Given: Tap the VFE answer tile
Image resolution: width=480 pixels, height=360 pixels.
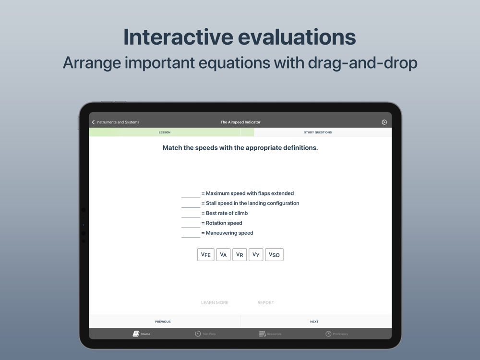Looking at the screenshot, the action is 206,255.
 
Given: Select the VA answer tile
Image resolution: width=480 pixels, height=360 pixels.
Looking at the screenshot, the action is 223,255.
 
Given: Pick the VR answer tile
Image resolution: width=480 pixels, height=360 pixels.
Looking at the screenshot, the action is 240,255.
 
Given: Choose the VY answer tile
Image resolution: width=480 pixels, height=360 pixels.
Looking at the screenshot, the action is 256,255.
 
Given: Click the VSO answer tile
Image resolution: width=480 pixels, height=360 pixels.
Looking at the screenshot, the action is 274,255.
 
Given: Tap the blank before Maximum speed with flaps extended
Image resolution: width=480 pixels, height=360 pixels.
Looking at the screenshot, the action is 191,197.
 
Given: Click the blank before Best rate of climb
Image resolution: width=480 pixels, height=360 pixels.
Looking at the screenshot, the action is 191,217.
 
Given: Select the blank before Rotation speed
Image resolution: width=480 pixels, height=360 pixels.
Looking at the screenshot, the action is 191,227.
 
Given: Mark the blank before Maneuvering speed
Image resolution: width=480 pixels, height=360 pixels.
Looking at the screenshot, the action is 191,237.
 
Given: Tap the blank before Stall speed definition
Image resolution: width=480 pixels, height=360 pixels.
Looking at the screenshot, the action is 191,207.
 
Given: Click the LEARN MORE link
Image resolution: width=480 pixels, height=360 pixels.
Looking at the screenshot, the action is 215,302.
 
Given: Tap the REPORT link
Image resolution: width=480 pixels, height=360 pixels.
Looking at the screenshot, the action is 266,302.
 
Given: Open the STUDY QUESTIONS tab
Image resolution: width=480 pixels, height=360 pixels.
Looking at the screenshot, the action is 318,132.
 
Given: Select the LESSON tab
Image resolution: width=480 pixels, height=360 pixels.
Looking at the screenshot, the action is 164,132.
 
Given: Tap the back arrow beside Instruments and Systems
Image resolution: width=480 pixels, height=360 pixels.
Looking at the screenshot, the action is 94,122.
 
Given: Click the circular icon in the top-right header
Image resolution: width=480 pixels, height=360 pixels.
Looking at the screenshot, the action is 384,122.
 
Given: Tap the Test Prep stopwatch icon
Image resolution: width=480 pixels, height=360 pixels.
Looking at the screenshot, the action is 198,334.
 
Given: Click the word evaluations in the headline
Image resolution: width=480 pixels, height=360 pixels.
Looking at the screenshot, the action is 297,37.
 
